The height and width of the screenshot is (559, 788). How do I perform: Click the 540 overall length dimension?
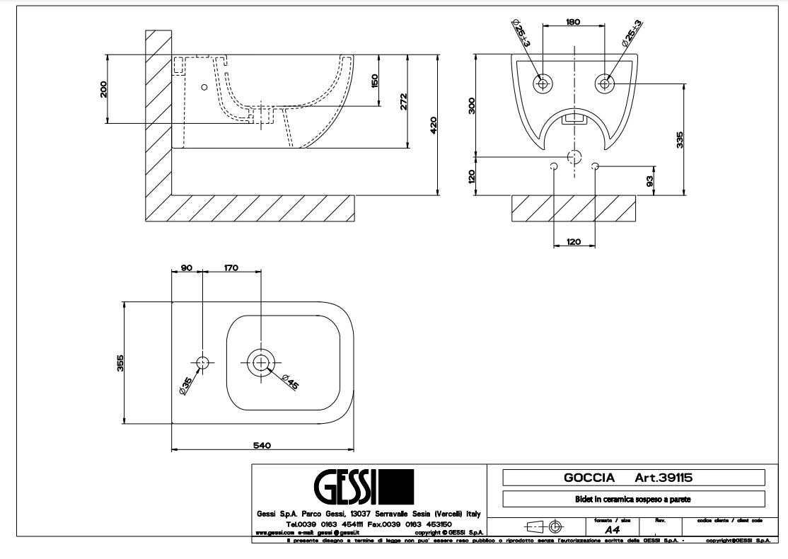[262, 444]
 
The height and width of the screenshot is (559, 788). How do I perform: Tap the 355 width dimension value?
[121, 362]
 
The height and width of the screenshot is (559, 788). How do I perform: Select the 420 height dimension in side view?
[433, 125]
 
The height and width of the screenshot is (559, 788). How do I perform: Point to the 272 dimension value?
[404, 101]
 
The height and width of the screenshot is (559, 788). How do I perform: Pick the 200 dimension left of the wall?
[103, 89]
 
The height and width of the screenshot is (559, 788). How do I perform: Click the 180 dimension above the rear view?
[573, 22]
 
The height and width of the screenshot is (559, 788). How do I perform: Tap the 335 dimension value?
[680, 139]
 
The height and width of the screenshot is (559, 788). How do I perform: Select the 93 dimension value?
[650, 180]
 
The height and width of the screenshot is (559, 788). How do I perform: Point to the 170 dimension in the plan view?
[231, 267]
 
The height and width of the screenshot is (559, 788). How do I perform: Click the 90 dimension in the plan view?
[187, 267]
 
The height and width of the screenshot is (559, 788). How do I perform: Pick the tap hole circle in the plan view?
[203, 362]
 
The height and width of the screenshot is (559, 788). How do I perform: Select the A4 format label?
[613, 528]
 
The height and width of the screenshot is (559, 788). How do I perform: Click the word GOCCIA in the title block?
[589, 478]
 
